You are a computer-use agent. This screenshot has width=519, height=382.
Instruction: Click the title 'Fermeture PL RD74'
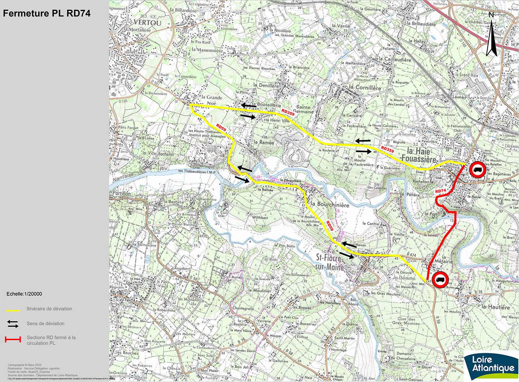coord(47,14)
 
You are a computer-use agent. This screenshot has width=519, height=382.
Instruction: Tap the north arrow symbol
coord(491,35)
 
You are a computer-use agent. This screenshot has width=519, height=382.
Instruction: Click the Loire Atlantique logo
coord(491,365)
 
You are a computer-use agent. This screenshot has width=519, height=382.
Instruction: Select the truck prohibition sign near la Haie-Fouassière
coord(477,170)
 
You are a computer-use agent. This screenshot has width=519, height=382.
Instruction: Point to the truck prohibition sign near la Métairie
coord(441,279)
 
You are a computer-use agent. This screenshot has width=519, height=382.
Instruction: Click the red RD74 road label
coord(441,191)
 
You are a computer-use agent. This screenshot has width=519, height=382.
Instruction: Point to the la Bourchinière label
coord(330,204)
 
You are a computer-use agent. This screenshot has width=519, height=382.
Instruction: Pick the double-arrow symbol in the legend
coord(13,324)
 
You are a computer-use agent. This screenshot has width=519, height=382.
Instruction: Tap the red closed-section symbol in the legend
coord(13,339)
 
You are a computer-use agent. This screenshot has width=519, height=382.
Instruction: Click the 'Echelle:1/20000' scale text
coord(24,294)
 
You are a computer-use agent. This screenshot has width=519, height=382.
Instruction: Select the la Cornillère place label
coord(365,88)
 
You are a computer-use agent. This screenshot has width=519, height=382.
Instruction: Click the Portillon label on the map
coord(121,194)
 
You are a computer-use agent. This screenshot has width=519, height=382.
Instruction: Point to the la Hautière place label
coord(496,307)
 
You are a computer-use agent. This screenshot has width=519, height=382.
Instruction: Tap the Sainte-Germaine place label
coord(303,109)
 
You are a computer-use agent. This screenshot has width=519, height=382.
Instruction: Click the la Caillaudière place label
coord(395,59)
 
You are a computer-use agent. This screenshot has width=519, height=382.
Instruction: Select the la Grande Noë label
coord(212,100)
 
